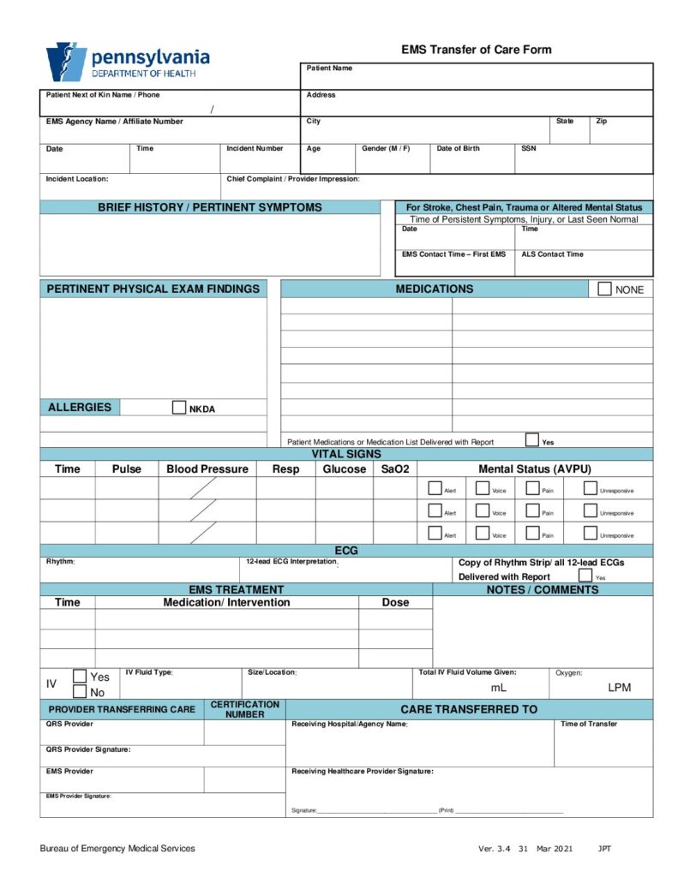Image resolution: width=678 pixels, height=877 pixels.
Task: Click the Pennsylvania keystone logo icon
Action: (x=66, y=62)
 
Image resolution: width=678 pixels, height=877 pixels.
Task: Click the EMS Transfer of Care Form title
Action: (x=476, y=50)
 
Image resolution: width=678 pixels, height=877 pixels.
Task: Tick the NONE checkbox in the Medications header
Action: (x=605, y=289)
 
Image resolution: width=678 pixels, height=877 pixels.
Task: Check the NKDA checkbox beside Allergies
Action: (x=179, y=408)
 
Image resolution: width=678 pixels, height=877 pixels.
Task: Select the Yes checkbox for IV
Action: (x=80, y=676)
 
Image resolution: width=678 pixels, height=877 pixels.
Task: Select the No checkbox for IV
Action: (x=80, y=691)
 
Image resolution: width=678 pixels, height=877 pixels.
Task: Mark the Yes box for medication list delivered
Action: (x=532, y=440)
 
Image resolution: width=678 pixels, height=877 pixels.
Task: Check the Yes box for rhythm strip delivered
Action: (x=585, y=576)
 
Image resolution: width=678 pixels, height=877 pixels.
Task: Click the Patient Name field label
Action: (x=329, y=68)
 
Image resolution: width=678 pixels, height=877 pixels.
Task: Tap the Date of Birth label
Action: (x=458, y=148)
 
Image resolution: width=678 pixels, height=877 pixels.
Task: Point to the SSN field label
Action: (x=529, y=148)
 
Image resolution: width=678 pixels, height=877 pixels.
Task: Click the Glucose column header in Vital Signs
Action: (x=344, y=468)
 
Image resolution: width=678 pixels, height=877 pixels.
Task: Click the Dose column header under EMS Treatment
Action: (x=395, y=602)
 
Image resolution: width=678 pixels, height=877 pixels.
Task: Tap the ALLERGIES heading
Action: (x=80, y=408)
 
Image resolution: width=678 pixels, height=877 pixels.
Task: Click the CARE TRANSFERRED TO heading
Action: (x=469, y=709)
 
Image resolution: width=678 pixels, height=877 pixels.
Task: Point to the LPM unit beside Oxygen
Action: (x=619, y=687)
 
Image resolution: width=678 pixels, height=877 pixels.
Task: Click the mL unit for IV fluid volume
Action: (x=498, y=687)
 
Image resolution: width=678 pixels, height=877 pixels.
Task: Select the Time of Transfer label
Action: (x=589, y=724)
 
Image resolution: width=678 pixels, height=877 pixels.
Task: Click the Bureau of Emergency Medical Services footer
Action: (x=117, y=848)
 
